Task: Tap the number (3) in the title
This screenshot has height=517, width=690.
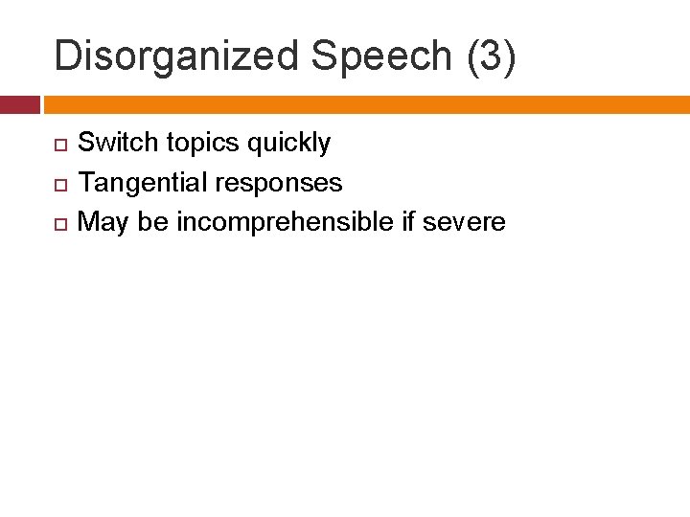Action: click(x=491, y=56)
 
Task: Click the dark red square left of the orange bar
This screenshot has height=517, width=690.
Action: click(x=19, y=104)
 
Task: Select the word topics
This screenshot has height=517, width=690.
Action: click(x=203, y=144)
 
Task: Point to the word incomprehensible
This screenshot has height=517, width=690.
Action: click(x=285, y=222)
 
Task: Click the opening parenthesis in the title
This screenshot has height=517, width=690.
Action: click(x=471, y=56)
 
